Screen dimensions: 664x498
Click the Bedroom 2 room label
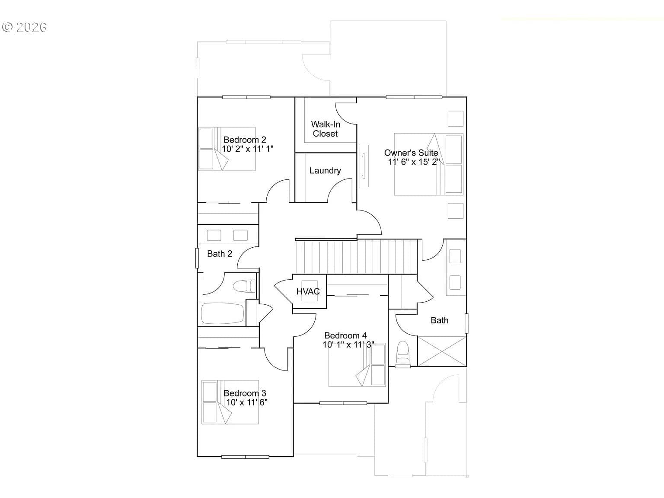pos(245,140)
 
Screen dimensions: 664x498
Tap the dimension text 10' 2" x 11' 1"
pos(248,149)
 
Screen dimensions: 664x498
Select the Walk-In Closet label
pos(325,129)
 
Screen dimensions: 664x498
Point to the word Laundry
pos(325,170)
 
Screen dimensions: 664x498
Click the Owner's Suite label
pos(411,153)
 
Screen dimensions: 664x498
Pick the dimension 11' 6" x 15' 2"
pos(414,162)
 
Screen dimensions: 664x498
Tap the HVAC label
pos(308,291)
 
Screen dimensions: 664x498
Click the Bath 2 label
pos(220,254)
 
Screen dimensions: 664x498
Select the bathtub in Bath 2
pos(222,313)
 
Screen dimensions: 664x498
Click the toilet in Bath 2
pos(244,286)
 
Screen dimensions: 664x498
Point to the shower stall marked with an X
pos(442,351)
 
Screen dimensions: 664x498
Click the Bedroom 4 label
pos(345,335)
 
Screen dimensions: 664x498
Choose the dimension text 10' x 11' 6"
pos(247,402)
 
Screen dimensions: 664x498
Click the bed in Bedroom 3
pos(230,402)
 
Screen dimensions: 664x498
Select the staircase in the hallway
pos(357,256)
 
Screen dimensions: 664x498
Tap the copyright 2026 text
pos(24,27)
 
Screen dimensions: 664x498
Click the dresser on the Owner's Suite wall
pos(364,166)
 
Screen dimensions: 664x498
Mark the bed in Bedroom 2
pos(227,149)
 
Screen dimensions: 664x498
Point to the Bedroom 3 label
pos(245,393)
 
